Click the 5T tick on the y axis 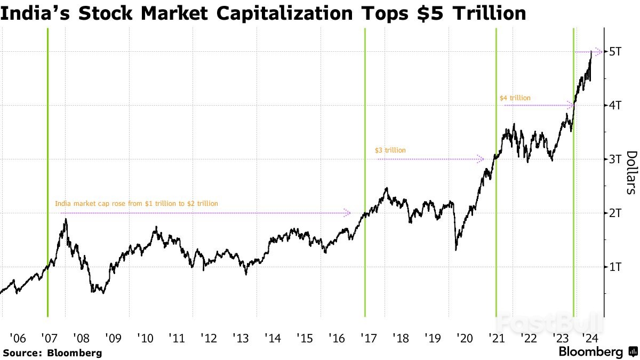(x=614, y=52)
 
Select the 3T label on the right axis (x=614, y=159)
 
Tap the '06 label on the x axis (x=17, y=338)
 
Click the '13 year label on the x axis (x=241, y=338)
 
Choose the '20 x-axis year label (x=465, y=338)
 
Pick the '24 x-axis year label (x=591, y=338)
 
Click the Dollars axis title (x=631, y=172)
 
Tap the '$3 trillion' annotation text (x=390, y=150)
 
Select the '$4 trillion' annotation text (x=515, y=98)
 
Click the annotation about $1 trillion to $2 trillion (x=137, y=204)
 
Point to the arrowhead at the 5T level (x=599, y=52)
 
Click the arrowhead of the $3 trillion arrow (x=481, y=159)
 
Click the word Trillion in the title (x=485, y=13)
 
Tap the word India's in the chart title (x=35, y=13)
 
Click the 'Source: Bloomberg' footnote (x=52, y=353)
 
